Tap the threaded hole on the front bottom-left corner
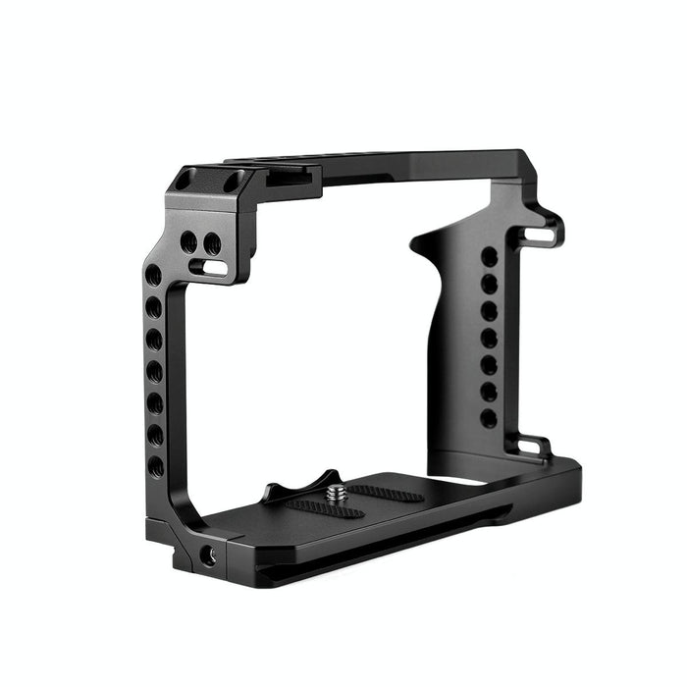[x=208, y=556]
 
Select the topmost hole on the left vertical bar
[x=154, y=276]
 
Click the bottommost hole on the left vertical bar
[x=156, y=465]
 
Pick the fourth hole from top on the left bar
[x=154, y=371]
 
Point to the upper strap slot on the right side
[x=539, y=234]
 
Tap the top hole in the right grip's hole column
[x=489, y=257]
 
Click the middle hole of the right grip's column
[x=488, y=338]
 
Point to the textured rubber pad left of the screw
[x=311, y=505]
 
